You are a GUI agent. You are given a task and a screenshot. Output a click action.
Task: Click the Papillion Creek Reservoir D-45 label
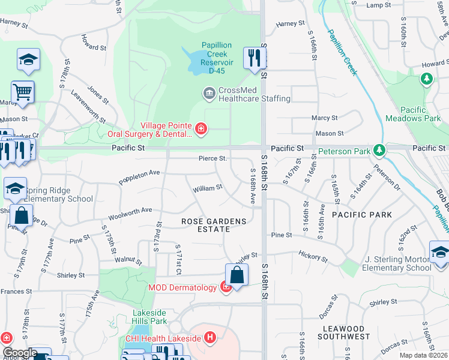coord(221,58)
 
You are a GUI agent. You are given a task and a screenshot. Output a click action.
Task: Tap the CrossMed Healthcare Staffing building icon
coord(209,93)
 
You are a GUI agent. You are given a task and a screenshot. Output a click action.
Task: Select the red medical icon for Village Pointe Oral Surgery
coord(200,127)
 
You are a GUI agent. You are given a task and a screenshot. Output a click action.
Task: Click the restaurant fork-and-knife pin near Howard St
coord(255,58)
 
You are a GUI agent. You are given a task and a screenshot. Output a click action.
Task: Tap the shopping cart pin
coord(23,92)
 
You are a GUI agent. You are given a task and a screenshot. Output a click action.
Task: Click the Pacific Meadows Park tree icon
coord(427,79)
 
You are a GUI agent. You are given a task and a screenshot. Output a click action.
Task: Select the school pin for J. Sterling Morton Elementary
coord(439,252)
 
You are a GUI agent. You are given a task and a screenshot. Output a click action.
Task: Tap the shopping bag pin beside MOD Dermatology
coord(237,275)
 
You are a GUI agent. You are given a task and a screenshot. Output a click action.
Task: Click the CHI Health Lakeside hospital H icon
coord(209,338)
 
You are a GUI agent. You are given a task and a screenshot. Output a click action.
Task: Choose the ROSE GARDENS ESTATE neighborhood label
coord(214,226)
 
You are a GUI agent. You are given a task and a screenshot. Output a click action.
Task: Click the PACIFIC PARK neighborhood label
coord(361,214)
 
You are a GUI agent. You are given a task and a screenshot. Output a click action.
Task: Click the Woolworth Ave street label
coord(130,214)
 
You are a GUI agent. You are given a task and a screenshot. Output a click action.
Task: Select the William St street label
coord(208,188)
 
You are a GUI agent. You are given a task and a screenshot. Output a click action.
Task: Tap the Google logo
coord(20,353)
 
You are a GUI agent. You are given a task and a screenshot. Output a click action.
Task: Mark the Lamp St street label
coord(378,5)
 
